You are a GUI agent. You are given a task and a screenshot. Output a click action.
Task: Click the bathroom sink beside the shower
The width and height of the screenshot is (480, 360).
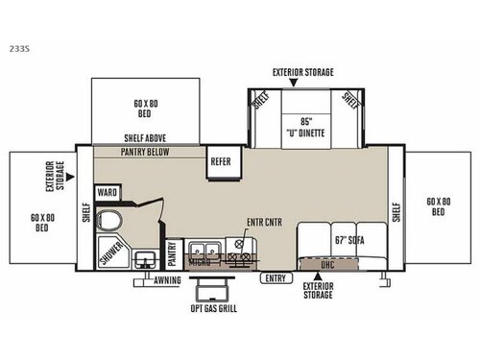point(146,257)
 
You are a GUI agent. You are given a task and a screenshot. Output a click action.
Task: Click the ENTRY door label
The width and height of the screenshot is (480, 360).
point(276,278)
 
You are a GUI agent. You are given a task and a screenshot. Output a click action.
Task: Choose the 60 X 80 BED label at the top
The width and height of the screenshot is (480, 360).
point(148,105)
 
